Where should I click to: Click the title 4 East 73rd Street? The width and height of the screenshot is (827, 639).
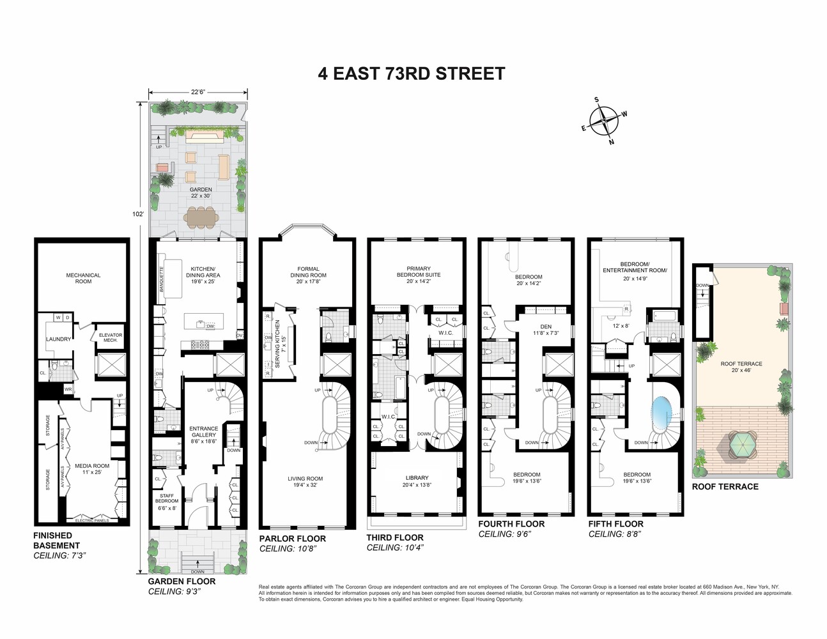click(x=412, y=73)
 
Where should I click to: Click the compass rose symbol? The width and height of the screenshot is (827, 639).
click(x=604, y=120)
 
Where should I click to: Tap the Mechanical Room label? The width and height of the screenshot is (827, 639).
click(x=84, y=278)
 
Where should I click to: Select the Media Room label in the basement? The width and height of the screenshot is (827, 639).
click(x=92, y=468)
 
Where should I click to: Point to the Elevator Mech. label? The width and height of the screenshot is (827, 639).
click(x=110, y=337)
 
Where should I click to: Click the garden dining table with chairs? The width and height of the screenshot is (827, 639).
click(x=200, y=217)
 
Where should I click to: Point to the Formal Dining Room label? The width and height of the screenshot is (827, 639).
click(x=308, y=272)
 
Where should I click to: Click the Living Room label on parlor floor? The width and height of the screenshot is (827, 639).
click(x=305, y=481)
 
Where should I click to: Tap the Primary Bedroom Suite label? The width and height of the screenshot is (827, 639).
click(x=419, y=272)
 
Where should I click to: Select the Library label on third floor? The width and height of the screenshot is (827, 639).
click(x=417, y=481)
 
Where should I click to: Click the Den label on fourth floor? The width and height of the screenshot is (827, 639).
click(x=545, y=329)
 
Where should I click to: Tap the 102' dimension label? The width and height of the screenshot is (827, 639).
click(x=137, y=214)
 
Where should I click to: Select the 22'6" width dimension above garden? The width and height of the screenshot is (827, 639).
click(x=198, y=91)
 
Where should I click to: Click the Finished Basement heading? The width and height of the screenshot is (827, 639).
click(x=57, y=541)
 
